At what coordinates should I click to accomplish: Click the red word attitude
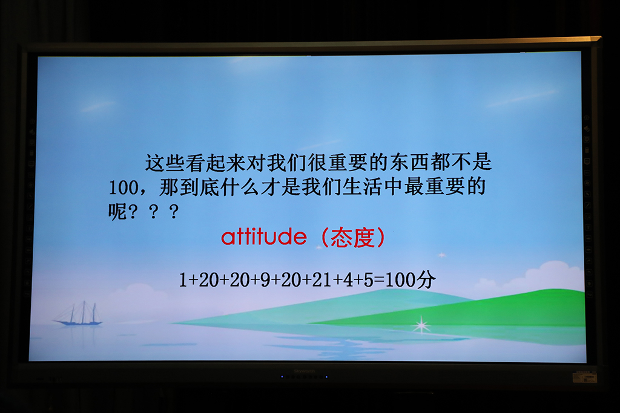264,237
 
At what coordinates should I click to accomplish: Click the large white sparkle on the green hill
421,325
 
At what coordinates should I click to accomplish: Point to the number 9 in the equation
265,280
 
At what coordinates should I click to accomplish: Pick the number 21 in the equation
322,280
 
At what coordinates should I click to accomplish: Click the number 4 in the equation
348,280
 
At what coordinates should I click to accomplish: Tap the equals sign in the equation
379,281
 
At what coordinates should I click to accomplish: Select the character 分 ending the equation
426,279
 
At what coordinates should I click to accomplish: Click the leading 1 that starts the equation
183,280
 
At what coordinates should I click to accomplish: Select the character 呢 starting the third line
117,212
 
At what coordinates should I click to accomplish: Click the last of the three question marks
174,212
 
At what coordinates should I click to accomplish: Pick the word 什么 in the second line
240,187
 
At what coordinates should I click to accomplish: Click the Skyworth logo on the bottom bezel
304,371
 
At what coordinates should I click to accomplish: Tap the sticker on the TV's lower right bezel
585,377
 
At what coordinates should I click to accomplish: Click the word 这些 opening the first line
165,162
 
